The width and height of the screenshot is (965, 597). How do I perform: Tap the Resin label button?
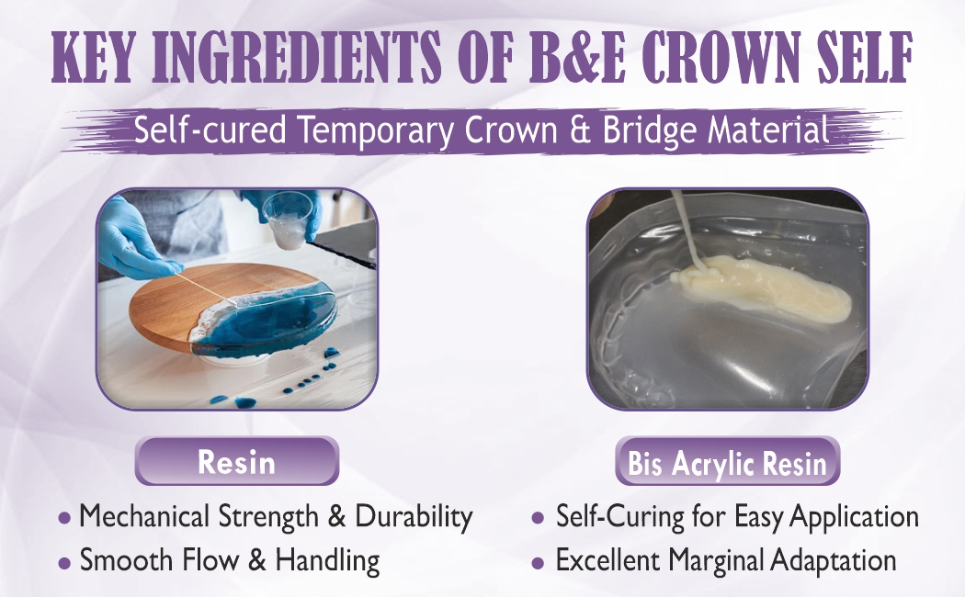point(236,461)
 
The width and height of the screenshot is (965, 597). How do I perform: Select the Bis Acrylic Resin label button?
point(727,463)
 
